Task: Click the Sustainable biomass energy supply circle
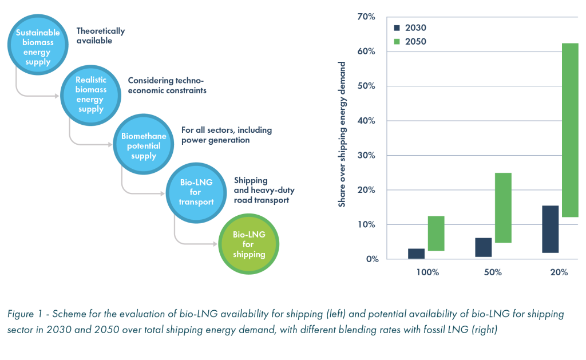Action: [38, 47]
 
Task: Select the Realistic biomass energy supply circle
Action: [91, 94]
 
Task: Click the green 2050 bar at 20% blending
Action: [571, 130]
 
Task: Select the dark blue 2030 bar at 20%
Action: [551, 230]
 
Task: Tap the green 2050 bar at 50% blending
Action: [503, 208]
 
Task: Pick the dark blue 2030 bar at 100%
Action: [417, 254]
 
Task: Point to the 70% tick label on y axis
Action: [366, 17]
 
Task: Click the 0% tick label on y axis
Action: [372, 259]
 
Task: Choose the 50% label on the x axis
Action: [493, 272]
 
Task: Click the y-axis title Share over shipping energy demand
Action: [343, 134]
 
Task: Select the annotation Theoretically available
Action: [100, 35]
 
